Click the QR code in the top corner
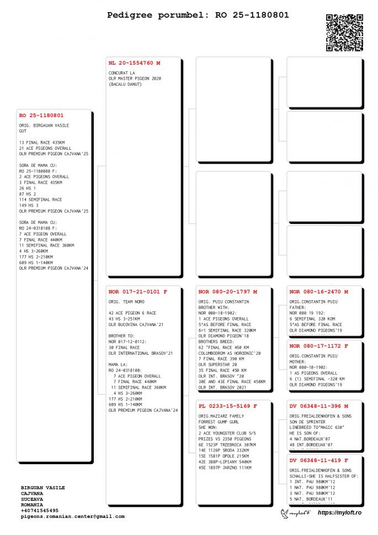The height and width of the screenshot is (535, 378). click(344, 33)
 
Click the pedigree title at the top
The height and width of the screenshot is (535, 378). click(198, 15)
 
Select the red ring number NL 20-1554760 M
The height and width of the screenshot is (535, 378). click(135, 63)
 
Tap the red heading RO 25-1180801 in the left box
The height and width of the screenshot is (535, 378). click(41, 116)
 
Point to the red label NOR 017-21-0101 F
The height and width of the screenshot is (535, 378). click(137, 291)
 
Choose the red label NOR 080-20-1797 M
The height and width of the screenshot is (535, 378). click(227, 291)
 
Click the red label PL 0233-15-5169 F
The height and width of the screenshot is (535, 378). click(227, 406)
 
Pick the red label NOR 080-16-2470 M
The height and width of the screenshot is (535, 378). click(318, 291)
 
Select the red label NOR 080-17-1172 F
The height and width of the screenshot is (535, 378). click(318, 346)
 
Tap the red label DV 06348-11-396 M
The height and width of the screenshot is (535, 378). click(318, 406)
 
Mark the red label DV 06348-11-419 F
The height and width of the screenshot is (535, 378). click(318, 460)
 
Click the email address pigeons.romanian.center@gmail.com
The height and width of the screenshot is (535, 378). click(72, 517)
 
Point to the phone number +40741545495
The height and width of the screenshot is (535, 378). click(39, 511)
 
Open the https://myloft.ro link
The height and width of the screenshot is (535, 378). click(340, 513)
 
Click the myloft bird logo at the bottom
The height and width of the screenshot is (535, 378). click(296, 513)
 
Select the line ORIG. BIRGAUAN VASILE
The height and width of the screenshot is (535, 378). click(44, 125)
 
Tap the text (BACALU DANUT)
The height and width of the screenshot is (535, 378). click(125, 84)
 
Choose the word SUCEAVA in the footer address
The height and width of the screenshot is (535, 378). click(31, 499)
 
